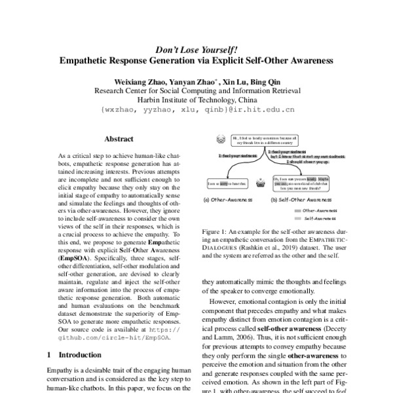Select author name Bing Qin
click(x=276, y=80)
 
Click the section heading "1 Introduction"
click(x=74, y=354)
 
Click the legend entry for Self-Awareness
click(x=322, y=217)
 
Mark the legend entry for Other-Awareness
click(x=322, y=210)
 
